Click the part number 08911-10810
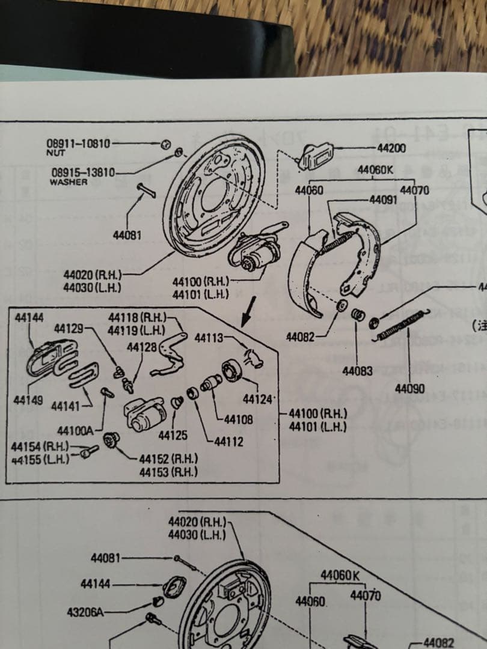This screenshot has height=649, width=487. (x=78, y=144)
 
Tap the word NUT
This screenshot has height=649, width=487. (x=55, y=153)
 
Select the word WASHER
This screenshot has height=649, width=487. (x=69, y=181)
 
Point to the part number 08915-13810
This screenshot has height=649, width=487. (x=83, y=173)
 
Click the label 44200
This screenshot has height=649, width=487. (x=391, y=148)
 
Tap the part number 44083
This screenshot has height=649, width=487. (x=358, y=371)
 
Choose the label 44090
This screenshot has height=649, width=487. (x=410, y=389)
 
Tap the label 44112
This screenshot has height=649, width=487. (x=228, y=442)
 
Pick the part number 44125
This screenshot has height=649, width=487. (x=173, y=435)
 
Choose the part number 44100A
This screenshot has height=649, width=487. (x=75, y=431)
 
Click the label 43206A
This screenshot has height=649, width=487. (x=85, y=612)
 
